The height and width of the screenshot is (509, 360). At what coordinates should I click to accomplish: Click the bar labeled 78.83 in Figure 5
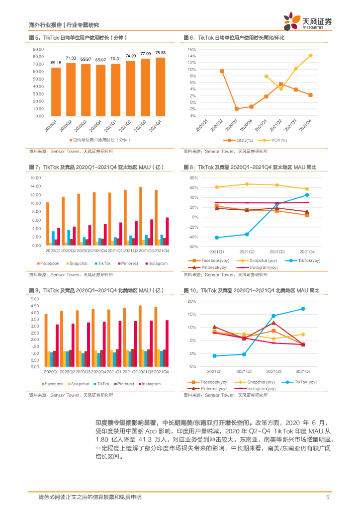click(x=160, y=86)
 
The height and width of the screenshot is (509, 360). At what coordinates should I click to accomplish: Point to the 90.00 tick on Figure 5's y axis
click(x=38, y=49)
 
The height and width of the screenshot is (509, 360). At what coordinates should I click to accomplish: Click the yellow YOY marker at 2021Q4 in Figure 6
click(x=310, y=55)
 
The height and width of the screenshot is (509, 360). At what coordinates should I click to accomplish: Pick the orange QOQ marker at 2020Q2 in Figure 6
click(x=222, y=71)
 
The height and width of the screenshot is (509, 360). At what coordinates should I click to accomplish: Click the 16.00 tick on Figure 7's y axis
click(x=35, y=177)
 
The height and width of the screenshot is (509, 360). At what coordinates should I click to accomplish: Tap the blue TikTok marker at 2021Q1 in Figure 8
click(x=216, y=238)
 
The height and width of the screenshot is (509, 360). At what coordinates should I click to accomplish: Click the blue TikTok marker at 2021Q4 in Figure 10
click(x=303, y=309)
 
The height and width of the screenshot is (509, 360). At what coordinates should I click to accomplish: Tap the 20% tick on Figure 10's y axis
click(x=192, y=301)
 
